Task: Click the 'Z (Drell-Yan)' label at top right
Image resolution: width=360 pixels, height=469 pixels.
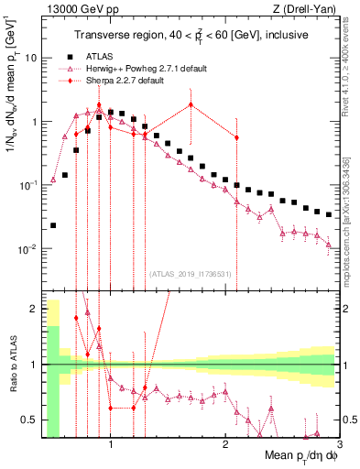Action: coord(309,9)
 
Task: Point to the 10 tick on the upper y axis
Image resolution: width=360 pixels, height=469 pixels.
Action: coord(29,58)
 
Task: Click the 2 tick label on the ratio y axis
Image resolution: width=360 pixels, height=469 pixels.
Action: coord(33,309)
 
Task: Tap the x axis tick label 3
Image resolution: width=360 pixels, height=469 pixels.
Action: coord(338,446)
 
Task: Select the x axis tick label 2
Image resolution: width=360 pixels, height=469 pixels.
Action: coord(224,446)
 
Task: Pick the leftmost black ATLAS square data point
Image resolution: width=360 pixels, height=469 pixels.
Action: coord(53,224)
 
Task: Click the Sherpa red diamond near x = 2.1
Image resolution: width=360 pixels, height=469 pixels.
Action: coord(236,138)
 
